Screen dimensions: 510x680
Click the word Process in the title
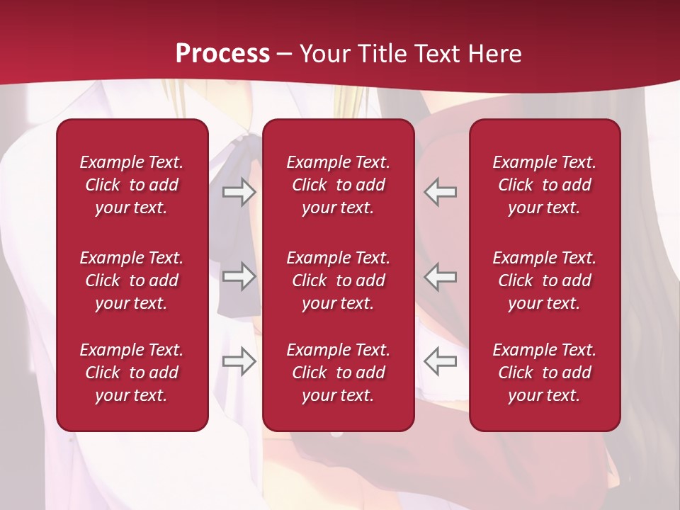pos(222,53)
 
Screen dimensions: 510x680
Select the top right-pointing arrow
pos(239,192)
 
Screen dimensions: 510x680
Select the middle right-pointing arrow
pos(239,276)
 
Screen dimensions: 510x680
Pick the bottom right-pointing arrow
pos(239,361)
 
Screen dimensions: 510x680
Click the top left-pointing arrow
pos(440,192)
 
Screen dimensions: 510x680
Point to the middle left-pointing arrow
pos(440,276)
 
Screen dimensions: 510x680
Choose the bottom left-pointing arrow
pos(440,361)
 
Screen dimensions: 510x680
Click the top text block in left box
pos(132,185)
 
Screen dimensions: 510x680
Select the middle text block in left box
pos(132,280)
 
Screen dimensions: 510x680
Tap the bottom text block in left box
pos(132,373)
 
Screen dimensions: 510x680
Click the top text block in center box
pos(339,185)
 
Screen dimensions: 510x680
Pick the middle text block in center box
pos(339,280)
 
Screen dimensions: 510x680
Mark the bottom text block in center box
pos(339,373)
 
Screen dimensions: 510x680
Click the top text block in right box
pos(545,185)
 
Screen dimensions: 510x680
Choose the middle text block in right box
pos(545,280)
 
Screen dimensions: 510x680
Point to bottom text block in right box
pos(545,373)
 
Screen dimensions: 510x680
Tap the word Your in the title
pos(323,53)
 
